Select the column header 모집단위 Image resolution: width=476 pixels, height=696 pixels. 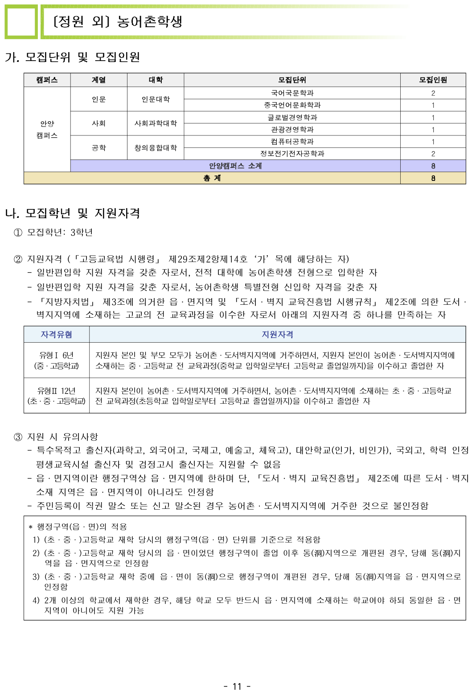[292, 80]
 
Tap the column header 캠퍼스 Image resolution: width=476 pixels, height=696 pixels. [47, 80]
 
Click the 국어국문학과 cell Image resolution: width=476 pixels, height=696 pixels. [292, 93]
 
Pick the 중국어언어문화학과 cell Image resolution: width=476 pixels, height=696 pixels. [292, 105]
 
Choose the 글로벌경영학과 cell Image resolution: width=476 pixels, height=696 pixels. [292, 117]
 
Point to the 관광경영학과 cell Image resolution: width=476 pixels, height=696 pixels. [292, 129]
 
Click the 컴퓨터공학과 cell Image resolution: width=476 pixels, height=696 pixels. [292, 141]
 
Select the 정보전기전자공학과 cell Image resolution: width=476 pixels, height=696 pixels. [292, 154]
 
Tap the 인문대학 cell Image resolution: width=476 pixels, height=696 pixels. [156, 99]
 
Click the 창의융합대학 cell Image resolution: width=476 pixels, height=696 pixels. [156, 147]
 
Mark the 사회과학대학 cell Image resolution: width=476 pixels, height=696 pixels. [156, 123]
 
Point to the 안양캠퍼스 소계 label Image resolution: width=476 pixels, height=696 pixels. [235, 166]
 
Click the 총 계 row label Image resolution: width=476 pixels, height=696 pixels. [212, 178]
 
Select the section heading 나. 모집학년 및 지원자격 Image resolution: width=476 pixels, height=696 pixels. [73, 213]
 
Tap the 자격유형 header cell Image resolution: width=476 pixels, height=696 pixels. [56, 334]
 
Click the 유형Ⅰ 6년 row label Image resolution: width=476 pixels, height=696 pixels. [56, 360]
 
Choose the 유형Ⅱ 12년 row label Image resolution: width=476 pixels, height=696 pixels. [56, 396]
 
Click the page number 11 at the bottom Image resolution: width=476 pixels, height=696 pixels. [237, 686]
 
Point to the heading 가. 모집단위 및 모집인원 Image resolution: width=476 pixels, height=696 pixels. [73, 57]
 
